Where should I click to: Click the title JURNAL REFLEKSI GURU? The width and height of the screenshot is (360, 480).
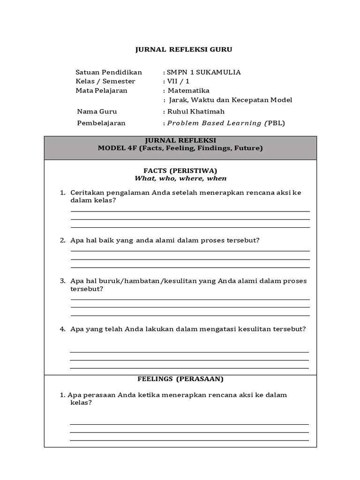[184, 49]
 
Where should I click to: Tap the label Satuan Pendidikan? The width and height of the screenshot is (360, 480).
[108, 72]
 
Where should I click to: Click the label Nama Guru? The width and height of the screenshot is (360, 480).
[97, 112]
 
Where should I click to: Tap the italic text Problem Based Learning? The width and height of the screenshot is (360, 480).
[214, 123]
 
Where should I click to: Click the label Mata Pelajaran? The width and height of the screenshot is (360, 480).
[101, 90]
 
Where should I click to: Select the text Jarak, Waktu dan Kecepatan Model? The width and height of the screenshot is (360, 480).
[230, 100]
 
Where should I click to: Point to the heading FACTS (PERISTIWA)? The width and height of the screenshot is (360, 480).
[180, 170]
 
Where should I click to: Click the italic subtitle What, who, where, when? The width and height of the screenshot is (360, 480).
[180, 178]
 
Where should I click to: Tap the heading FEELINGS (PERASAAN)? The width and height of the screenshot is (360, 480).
[180, 378]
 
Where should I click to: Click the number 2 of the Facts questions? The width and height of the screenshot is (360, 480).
[62, 240]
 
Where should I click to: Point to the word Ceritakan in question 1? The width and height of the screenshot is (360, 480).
[87, 193]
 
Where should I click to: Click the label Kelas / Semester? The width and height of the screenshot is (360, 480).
[105, 81]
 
